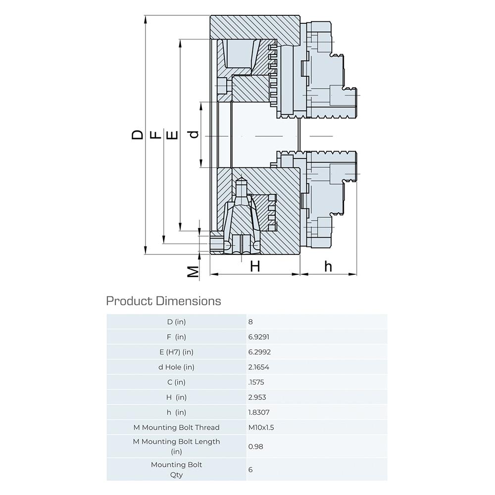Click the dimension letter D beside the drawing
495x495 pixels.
pyautogui.click(x=137, y=135)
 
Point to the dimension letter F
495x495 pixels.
pyautogui.click(x=155, y=135)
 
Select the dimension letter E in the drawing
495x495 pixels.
pyautogui.click(x=172, y=135)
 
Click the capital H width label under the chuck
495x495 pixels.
pyautogui.click(x=255, y=266)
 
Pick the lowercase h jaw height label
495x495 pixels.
pyautogui.click(x=328, y=266)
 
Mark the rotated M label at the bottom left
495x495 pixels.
pyautogui.click(x=193, y=271)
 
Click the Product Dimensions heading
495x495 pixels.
pyautogui.click(x=163, y=301)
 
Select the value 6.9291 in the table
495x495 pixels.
pyautogui.click(x=258, y=337)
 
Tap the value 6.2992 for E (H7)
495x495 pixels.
pyautogui.click(x=259, y=352)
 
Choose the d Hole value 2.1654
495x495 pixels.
pyautogui.click(x=258, y=367)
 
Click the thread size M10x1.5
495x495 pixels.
pyautogui.click(x=261, y=428)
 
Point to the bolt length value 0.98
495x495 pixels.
pyautogui.click(x=255, y=446)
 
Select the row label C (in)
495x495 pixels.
pyautogui.click(x=177, y=382)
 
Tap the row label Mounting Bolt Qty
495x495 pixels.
pyautogui.click(x=177, y=469)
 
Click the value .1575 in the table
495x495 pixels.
pyautogui.click(x=256, y=382)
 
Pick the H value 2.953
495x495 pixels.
pyautogui.click(x=257, y=397)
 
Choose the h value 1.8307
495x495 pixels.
pyautogui.click(x=259, y=412)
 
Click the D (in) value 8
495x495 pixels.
pyautogui.click(x=250, y=322)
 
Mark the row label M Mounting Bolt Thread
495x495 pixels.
pyautogui.click(x=177, y=428)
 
